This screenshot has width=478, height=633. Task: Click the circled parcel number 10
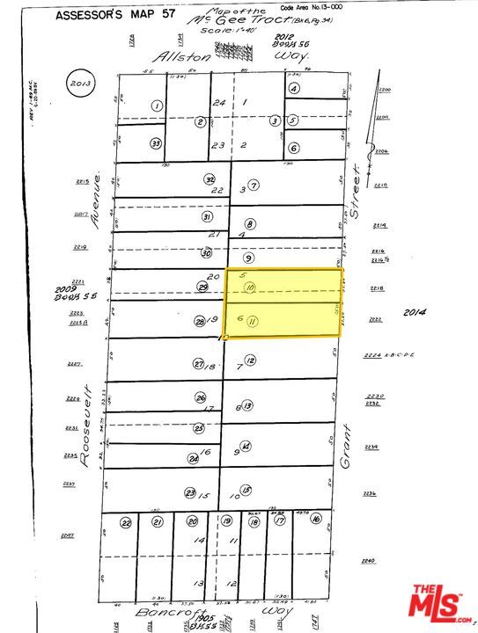(x=250, y=287)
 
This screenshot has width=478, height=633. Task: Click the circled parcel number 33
(x=156, y=143)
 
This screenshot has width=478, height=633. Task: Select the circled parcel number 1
(x=157, y=105)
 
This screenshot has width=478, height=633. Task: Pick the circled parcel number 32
(x=210, y=179)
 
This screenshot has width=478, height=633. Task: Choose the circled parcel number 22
(x=126, y=523)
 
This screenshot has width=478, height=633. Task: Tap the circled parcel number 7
(x=254, y=186)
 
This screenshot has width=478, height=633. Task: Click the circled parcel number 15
(x=246, y=491)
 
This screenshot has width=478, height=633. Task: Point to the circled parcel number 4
(x=295, y=89)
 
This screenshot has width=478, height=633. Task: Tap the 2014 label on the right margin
(x=414, y=312)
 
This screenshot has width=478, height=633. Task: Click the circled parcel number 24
(x=193, y=458)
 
